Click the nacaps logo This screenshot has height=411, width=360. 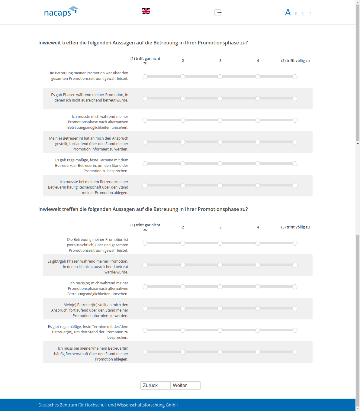click(60, 12)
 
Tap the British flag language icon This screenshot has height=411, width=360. click(146, 11)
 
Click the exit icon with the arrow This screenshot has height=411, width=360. click(218, 13)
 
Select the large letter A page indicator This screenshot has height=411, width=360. click(288, 12)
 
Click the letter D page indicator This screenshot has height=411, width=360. click(310, 14)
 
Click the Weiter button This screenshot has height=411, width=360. click(185, 385)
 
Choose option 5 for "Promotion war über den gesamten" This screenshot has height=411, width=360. click(295, 77)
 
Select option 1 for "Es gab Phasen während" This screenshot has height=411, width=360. click(145, 99)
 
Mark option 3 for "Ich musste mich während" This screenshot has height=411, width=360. click(220, 120)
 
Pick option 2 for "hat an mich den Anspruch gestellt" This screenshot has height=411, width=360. click(183, 142)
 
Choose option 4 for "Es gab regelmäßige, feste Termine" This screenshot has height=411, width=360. click(258, 164)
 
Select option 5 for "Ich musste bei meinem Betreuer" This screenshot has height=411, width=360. click(295, 186)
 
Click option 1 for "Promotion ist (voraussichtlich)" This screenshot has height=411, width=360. click(145, 243)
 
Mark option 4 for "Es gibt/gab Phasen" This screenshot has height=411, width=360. click(258, 265)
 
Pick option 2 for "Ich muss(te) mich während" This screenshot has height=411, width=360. click(183, 287)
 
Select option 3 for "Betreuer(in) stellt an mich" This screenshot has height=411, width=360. click(220, 309)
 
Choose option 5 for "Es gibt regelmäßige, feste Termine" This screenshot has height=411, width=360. click(295, 330)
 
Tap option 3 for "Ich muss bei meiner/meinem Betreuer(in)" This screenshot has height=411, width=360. click(220, 352)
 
